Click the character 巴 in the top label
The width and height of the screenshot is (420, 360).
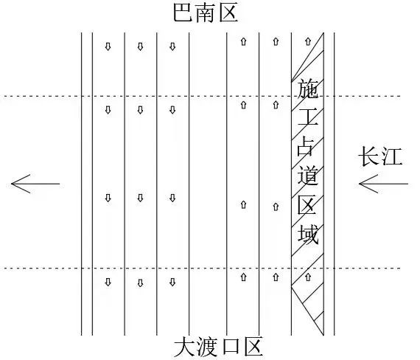(x=183, y=13)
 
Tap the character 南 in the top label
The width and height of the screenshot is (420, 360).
(x=205, y=13)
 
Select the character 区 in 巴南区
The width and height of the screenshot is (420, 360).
(x=228, y=13)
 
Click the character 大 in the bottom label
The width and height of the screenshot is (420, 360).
(x=184, y=347)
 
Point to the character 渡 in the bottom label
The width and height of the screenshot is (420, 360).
(x=207, y=347)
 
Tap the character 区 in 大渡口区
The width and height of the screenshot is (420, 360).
(x=253, y=347)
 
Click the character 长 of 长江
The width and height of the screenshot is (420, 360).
(x=369, y=156)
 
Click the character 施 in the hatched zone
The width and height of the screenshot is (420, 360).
(x=308, y=89)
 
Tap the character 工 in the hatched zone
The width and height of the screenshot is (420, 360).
(x=308, y=117)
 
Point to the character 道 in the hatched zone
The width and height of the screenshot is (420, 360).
(x=308, y=176)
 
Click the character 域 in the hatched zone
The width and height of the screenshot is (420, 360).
(x=308, y=235)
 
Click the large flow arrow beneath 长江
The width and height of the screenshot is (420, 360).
(x=383, y=184)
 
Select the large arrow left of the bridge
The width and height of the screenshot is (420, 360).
(x=35, y=184)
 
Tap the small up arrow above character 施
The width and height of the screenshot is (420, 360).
(x=308, y=41)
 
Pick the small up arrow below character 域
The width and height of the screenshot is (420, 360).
(x=308, y=277)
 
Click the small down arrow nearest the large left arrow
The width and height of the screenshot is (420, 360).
(x=108, y=198)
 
